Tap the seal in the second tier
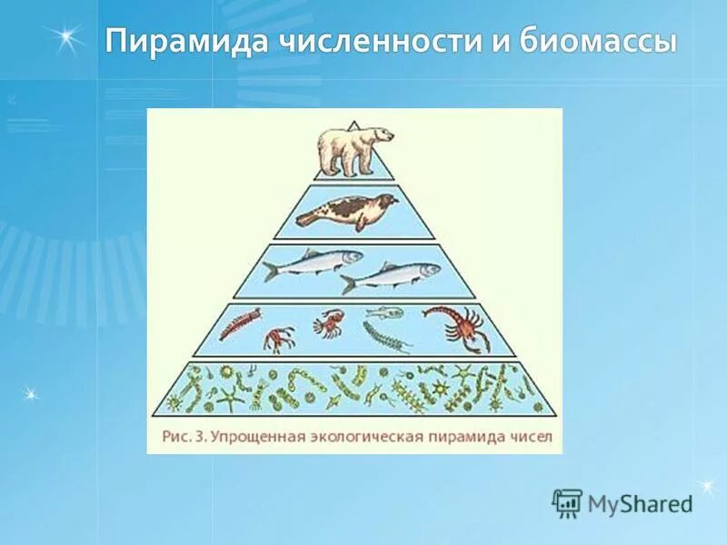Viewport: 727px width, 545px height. (346, 211)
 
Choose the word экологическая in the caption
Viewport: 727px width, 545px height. (370, 436)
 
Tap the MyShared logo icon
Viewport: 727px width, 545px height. (567, 502)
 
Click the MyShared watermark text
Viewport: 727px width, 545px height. (639, 503)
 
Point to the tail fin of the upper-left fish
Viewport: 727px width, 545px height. (271, 270)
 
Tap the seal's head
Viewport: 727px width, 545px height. (386, 201)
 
